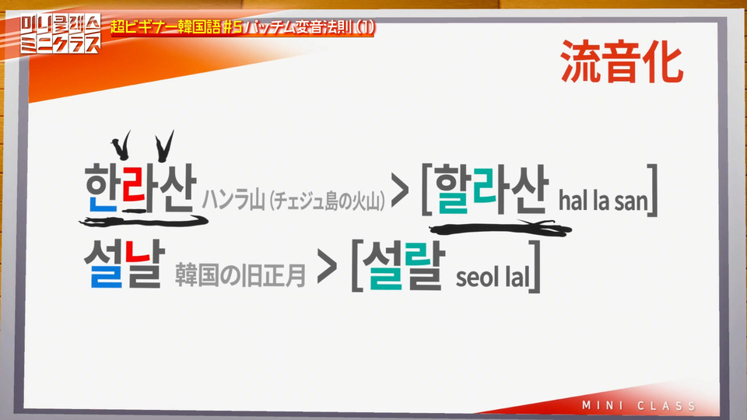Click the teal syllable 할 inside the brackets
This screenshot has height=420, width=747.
(x=451, y=189)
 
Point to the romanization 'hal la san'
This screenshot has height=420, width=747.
(x=604, y=201)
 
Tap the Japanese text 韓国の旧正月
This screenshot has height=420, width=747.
(x=240, y=275)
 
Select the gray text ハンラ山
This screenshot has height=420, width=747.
(x=233, y=200)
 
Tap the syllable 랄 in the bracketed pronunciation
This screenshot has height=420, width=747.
(x=425, y=266)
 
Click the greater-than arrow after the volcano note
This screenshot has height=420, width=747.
(x=400, y=190)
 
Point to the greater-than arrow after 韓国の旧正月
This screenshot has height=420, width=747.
(x=328, y=264)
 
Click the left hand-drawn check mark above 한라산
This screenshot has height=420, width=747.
(x=121, y=146)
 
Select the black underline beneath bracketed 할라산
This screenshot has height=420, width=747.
(x=500, y=229)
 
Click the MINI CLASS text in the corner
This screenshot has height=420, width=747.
(x=639, y=406)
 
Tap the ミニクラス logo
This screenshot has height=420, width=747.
(x=61, y=33)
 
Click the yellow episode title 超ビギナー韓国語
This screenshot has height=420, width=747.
(x=165, y=26)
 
